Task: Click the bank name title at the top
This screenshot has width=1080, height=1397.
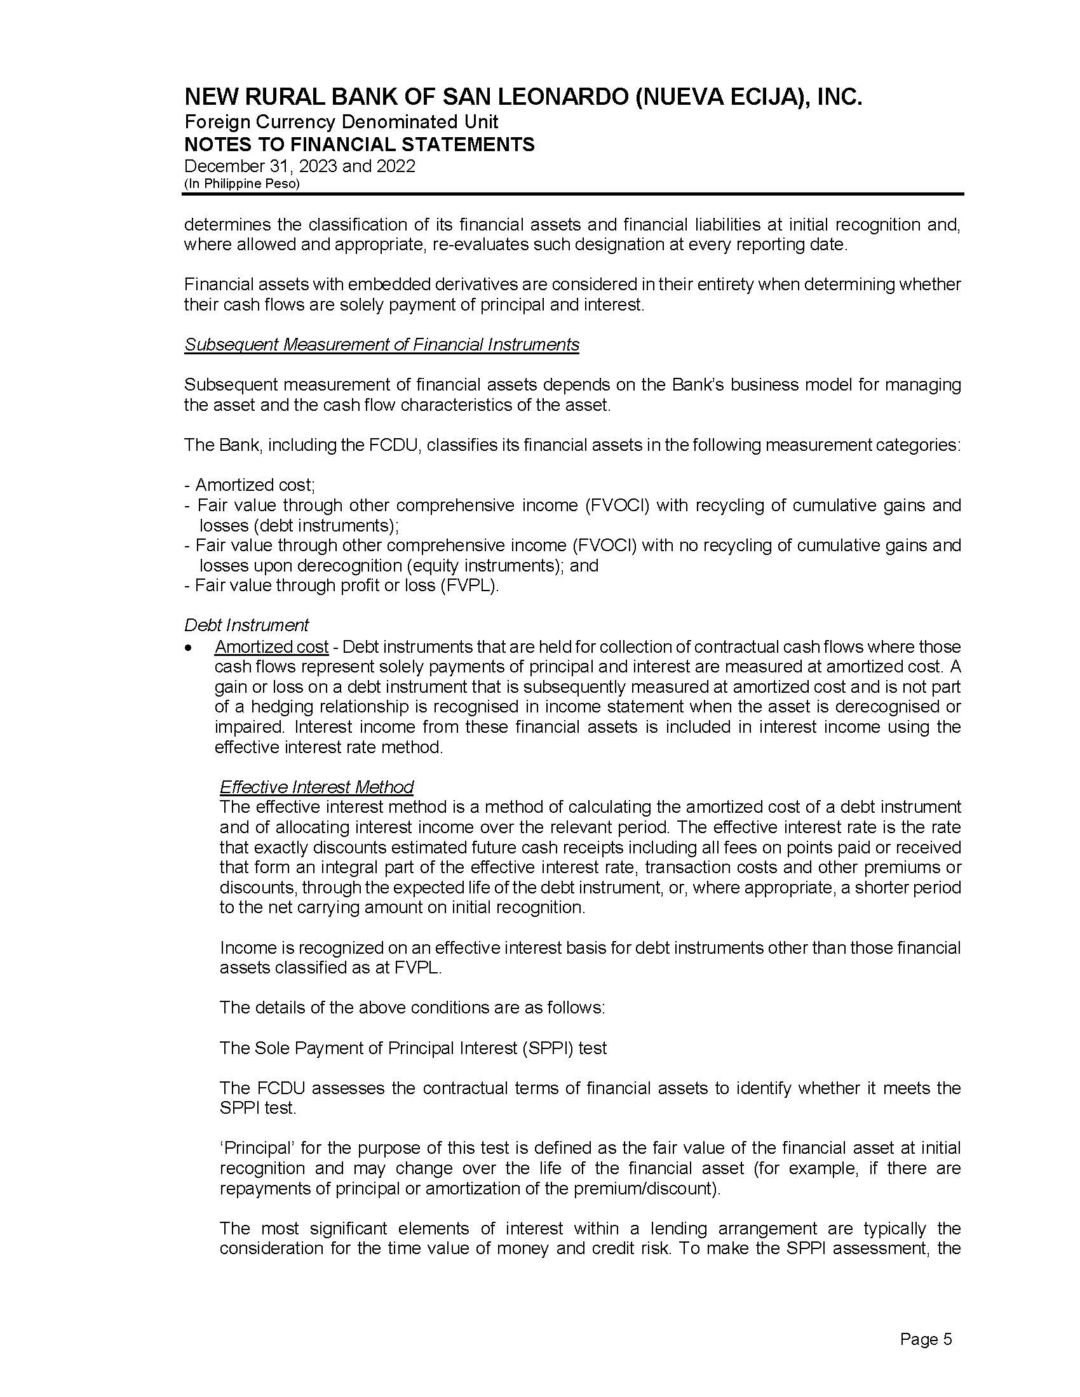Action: click(523, 97)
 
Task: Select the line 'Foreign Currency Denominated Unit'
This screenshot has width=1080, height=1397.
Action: click(341, 121)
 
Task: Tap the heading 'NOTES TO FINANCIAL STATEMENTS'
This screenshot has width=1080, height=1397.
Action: click(359, 144)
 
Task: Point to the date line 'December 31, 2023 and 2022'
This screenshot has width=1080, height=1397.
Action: click(299, 166)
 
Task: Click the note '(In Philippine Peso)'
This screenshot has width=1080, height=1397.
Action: click(242, 184)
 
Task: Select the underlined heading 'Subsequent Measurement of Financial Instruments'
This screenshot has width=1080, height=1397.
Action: click(381, 345)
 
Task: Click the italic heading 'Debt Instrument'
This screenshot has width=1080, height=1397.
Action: click(246, 625)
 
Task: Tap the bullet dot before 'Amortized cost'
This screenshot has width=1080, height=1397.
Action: click(188, 648)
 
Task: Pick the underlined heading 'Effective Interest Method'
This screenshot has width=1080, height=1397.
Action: click(316, 787)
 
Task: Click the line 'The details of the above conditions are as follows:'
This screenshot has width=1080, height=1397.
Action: click(412, 1008)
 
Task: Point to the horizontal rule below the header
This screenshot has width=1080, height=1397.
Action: click(573, 194)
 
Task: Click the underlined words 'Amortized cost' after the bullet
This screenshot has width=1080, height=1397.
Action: click(271, 647)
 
